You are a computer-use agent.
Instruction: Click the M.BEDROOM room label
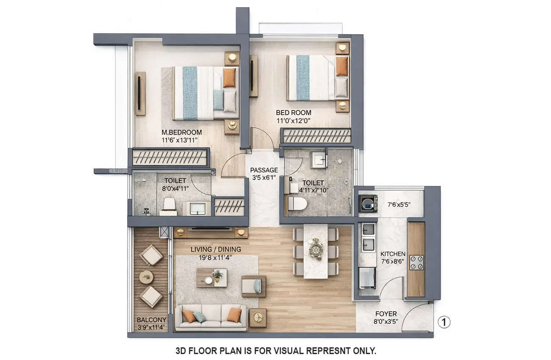181,132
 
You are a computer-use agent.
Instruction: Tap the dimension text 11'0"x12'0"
293,120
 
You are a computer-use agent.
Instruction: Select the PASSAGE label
264,170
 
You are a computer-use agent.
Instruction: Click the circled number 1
444,322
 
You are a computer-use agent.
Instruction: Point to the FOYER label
386,314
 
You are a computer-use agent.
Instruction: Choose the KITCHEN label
392,254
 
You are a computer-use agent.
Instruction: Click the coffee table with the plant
211,277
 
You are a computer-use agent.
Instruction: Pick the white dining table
316,251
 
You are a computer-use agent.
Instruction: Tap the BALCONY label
151,320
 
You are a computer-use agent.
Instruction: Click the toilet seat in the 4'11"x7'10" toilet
296,203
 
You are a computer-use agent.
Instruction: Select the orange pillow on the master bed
229,78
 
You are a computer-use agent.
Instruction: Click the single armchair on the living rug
253,286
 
